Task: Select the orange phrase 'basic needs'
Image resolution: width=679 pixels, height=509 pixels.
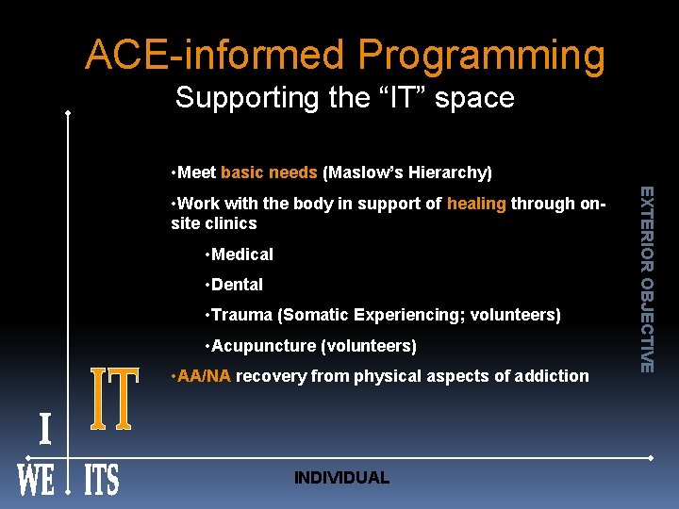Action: (269, 172)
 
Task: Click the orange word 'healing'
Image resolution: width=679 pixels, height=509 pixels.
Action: (476, 204)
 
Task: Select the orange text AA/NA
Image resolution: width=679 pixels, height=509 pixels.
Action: (204, 376)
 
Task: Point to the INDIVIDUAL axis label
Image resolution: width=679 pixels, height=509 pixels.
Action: (341, 478)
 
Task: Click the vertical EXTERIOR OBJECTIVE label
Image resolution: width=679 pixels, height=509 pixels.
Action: (646, 278)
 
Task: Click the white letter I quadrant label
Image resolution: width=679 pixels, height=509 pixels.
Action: (44, 430)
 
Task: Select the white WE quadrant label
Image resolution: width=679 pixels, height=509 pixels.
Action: (36, 480)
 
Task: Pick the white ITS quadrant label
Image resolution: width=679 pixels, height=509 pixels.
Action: (102, 480)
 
